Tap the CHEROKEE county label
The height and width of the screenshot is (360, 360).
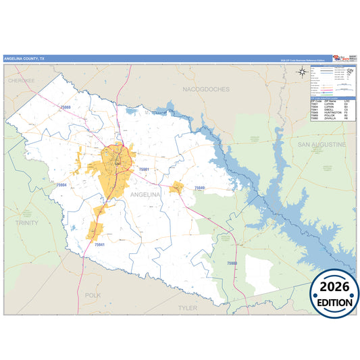[x=20, y=80]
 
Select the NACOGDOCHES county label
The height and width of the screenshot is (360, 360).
[x=206, y=89]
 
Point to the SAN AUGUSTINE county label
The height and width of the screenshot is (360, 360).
[x=322, y=145]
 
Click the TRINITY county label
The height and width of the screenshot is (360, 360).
[x=27, y=222]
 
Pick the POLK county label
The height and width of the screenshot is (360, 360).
[x=93, y=295]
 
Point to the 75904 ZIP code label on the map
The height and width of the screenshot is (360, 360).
[x=61, y=184]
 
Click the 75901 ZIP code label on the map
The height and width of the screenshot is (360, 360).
[x=143, y=169]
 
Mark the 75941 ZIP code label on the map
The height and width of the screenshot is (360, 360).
[x=99, y=244]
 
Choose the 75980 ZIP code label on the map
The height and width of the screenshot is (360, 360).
[x=232, y=261]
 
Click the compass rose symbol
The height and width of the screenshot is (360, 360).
[x=302, y=74]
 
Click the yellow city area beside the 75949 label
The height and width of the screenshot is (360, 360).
[x=177, y=187]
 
